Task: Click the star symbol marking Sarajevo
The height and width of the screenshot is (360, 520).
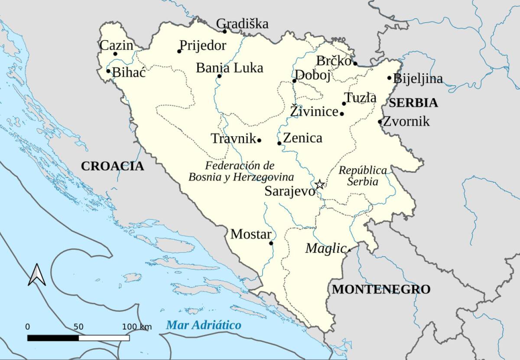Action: pyautogui.click(x=319, y=184)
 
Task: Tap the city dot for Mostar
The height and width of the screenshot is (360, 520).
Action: pyautogui.click(x=271, y=243)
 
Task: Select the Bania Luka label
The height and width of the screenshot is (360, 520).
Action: pyautogui.click(x=229, y=68)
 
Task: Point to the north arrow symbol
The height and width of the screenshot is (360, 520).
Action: pyautogui.click(x=37, y=275)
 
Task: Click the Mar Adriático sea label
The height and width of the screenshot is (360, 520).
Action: pyautogui.click(x=203, y=325)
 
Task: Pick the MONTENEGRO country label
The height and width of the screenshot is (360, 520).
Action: pyautogui.click(x=381, y=289)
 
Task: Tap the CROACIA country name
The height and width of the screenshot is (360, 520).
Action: pyautogui.click(x=112, y=166)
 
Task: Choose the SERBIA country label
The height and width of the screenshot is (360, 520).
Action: pyautogui.click(x=413, y=103)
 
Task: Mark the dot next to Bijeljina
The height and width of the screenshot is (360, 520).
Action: pyautogui.click(x=389, y=78)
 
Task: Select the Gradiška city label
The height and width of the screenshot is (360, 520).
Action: pyautogui.click(x=242, y=23)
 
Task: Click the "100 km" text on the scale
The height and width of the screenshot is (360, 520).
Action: pyautogui.click(x=137, y=327)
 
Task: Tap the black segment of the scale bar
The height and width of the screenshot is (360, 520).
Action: pyautogui.click(x=53, y=337)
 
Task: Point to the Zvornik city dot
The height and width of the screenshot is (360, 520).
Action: pyautogui.click(x=380, y=121)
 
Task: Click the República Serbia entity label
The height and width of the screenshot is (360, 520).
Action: pyautogui.click(x=362, y=176)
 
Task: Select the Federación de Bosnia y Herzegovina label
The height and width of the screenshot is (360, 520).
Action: pyautogui.click(x=241, y=171)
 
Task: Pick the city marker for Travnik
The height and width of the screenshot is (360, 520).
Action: pyautogui.click(x=259, y=140)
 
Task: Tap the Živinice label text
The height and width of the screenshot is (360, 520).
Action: pyautogui.click(x=314, y=111)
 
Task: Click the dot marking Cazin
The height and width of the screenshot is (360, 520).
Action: pyautogui.click(x=115, y=54)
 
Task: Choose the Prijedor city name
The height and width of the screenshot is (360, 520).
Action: pyautogui.click(x=203, y=45)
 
